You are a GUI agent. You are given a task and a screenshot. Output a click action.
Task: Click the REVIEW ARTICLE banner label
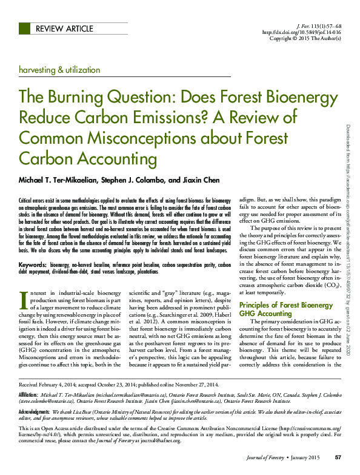pos(64,29)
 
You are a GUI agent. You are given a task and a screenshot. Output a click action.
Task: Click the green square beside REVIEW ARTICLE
pos(25,29)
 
